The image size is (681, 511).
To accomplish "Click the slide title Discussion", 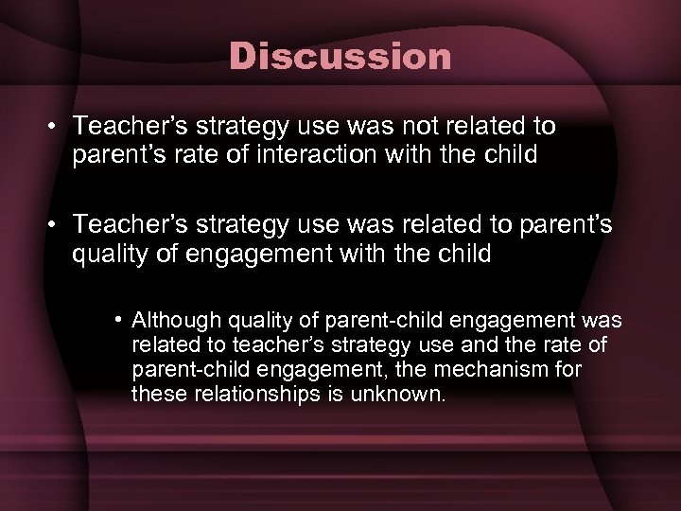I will pyautogui.click(x=340, y=58).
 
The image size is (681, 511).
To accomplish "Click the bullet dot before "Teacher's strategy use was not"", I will pyautogui.click(x=56, y=127).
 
